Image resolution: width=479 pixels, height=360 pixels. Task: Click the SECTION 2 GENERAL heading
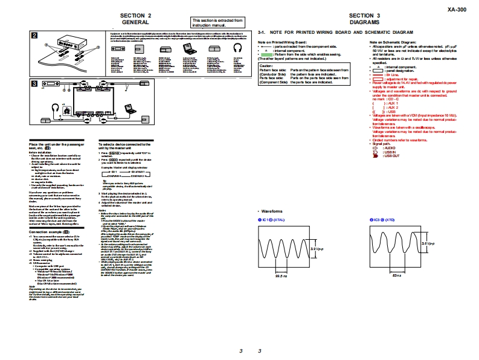(136, 18)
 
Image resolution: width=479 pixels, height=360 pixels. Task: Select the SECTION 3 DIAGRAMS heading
(364, 18)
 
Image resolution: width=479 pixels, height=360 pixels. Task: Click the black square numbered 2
(35, 34)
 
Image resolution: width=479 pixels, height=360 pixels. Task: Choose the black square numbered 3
(35, 83)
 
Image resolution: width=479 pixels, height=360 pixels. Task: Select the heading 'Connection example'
(48, 232)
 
